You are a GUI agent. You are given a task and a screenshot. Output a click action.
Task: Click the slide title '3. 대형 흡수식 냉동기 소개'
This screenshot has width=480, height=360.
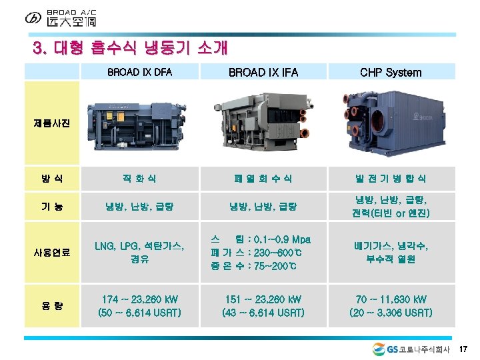tap(131, 48)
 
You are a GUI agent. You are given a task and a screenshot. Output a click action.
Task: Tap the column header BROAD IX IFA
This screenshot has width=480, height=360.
tap(263, 72)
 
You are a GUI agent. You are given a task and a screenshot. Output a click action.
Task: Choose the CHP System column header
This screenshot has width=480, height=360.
tap(391, 72)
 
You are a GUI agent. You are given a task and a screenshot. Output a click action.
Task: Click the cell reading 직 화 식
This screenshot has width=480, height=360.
tap(139, 179)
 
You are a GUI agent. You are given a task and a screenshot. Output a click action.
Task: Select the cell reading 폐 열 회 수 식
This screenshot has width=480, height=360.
tap(263, 179)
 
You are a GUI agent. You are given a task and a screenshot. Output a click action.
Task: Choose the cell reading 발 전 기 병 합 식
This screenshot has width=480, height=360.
tap(391, 179)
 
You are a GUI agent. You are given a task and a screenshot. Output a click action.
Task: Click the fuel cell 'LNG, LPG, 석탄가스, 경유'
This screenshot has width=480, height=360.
tap(139, 253)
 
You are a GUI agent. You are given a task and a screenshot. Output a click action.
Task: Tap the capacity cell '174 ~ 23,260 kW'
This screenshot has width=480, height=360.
tap(139, 299)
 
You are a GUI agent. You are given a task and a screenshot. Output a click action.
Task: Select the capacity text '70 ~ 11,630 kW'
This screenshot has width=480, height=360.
tap(391, 299)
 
